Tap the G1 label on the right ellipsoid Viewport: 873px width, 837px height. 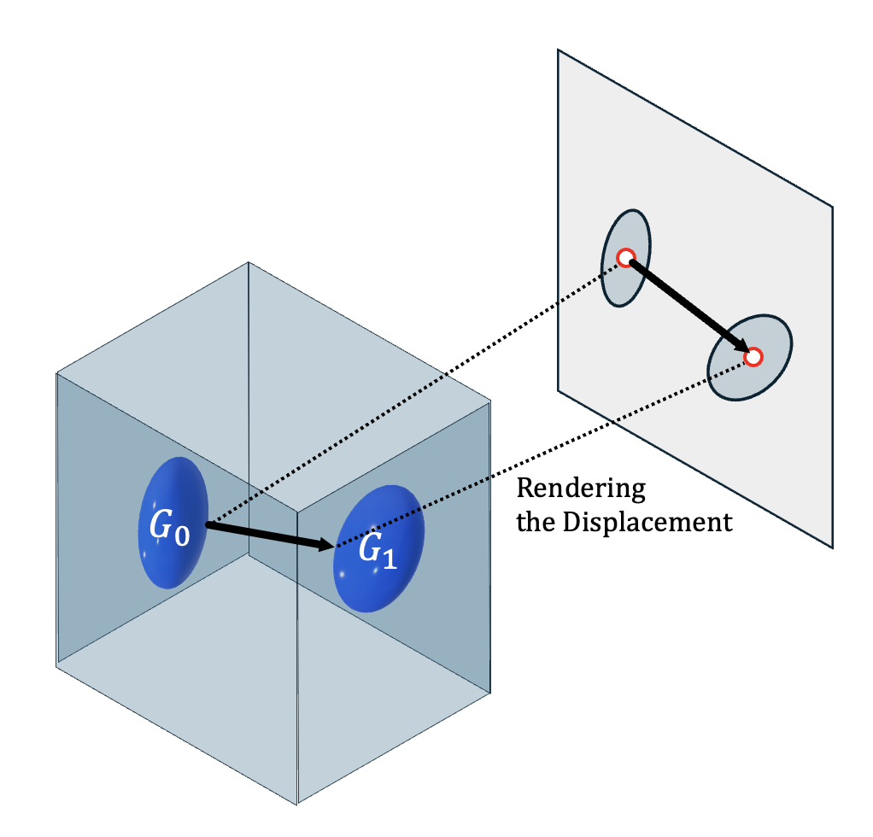tap(377, 551)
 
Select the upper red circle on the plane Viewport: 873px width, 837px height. tap(625, 257)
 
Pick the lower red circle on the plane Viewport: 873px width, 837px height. tap(753, 357)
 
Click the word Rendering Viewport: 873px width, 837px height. tap(581, 489)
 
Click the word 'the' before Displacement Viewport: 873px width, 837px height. tap(536, 522)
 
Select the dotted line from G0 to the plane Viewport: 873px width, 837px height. tap(410, 394)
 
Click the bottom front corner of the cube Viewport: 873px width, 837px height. tap(297, 803)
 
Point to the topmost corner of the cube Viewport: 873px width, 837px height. tap(249, 262)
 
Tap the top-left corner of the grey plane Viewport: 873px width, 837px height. tap(559, 50)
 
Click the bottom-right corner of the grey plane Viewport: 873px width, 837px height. tap(832, 547)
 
